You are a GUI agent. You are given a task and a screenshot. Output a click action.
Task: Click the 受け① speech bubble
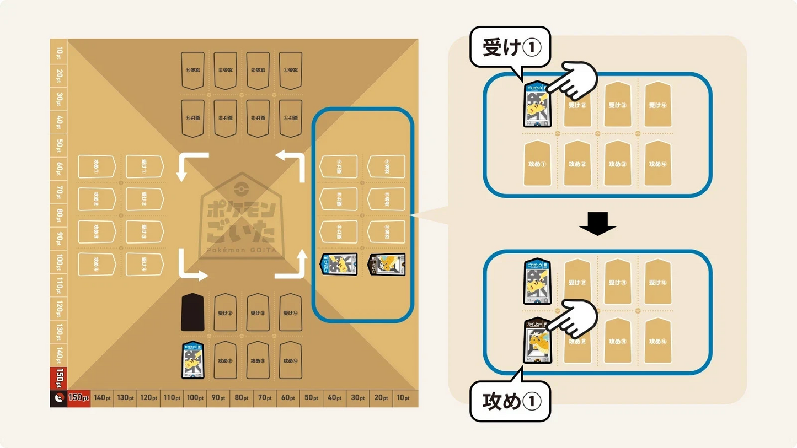(509, 48)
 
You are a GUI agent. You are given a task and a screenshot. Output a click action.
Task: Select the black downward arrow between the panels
(598, 224)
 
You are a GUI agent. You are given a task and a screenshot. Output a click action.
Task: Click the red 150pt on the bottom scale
(79, 398)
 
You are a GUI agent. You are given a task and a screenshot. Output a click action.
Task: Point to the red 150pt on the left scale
(58, 379)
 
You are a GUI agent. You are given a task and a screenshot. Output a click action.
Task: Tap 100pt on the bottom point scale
(195, 398)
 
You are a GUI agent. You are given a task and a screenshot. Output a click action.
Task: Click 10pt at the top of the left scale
(58, 53)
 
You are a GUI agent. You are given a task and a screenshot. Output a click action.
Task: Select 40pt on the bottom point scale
(334, 398)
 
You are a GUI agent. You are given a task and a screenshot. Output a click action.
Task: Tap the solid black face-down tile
(192, 312)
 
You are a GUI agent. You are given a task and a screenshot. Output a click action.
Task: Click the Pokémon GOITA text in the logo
(239, 249)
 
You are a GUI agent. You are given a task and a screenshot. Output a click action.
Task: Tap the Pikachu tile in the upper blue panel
(537, 105)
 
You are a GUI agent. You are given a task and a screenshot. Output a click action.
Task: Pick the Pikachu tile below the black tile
(192, 360)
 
